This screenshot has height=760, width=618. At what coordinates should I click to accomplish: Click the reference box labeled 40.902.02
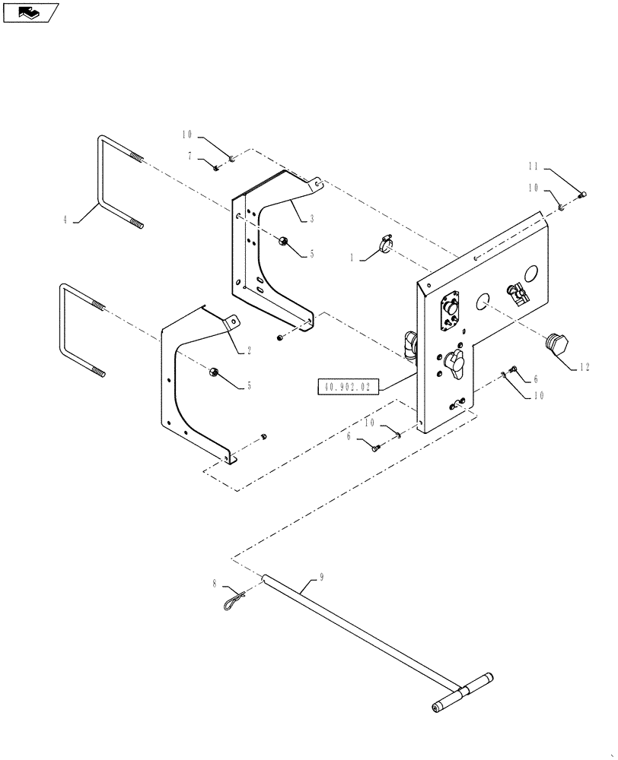(347, 387)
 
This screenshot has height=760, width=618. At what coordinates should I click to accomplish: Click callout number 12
(585, 366)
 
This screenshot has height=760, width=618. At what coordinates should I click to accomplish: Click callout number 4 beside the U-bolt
(66, 220)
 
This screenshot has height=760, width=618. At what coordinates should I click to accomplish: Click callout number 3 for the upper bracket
(312, 219)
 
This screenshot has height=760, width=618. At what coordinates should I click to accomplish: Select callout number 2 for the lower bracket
(248, 350)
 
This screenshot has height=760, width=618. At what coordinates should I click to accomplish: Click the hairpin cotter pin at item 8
(235, 599)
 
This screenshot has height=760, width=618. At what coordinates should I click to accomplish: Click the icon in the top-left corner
(30, 12)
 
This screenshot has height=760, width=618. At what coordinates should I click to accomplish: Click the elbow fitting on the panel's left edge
(410, 344)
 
